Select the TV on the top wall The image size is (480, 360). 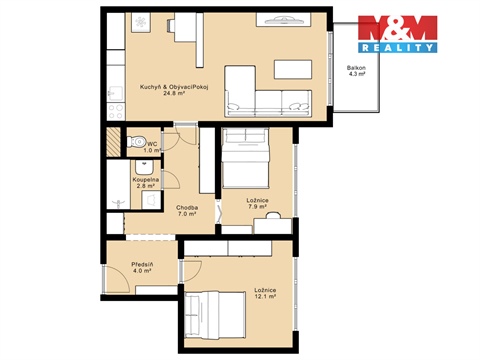click(287, 19)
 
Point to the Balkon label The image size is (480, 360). click(356, 67)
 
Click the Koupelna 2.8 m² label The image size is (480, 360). click(146, 182)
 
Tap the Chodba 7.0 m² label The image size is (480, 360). click(187, 211)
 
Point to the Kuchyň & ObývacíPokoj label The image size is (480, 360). click(166, 85)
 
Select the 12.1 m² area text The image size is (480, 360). click(266, 297)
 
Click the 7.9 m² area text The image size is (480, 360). click(257, 206)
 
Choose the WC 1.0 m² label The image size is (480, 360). click(152, 147)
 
